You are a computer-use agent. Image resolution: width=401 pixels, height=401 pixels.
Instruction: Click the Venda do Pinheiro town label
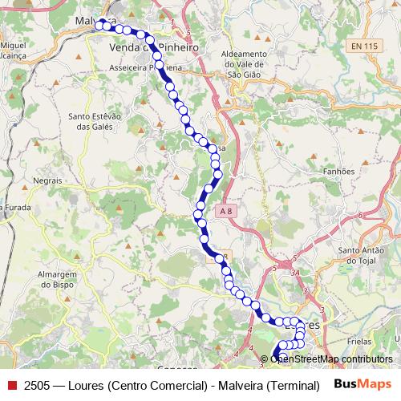[152, 49]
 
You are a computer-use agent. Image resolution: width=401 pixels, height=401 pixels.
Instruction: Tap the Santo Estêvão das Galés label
[95, 121]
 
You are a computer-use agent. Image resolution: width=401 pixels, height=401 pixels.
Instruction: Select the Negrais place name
[48, 181]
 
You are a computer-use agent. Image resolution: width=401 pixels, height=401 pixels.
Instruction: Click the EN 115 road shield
[364, 47]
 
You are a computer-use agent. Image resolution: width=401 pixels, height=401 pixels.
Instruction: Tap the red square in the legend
[11, 384]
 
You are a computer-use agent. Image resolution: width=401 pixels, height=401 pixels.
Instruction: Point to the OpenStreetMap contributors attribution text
[330, 358]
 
